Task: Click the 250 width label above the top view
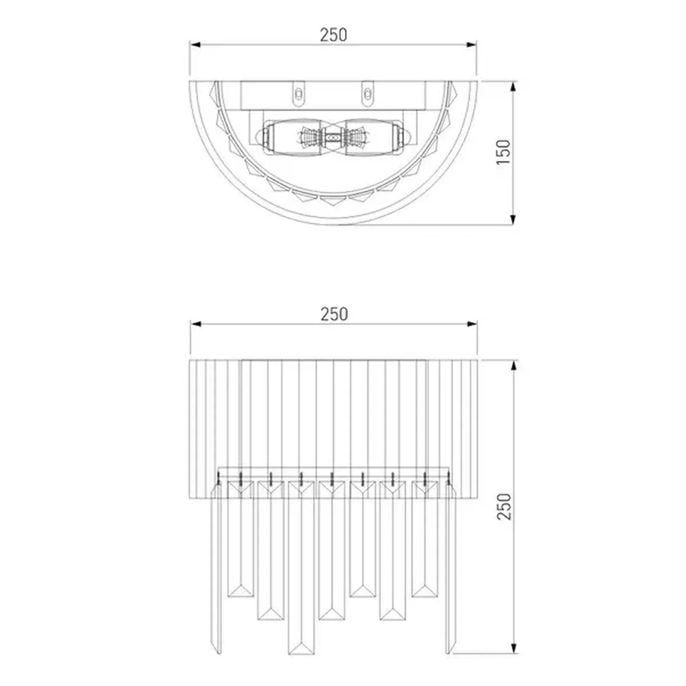(x=333, y=35)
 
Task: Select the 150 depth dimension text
(x=504, y=152)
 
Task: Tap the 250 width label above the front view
(x=334, y=314)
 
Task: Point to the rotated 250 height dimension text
(x=504, y=506)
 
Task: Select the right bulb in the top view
(x=375, y=137)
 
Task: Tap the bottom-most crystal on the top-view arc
(x=333, y=200)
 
